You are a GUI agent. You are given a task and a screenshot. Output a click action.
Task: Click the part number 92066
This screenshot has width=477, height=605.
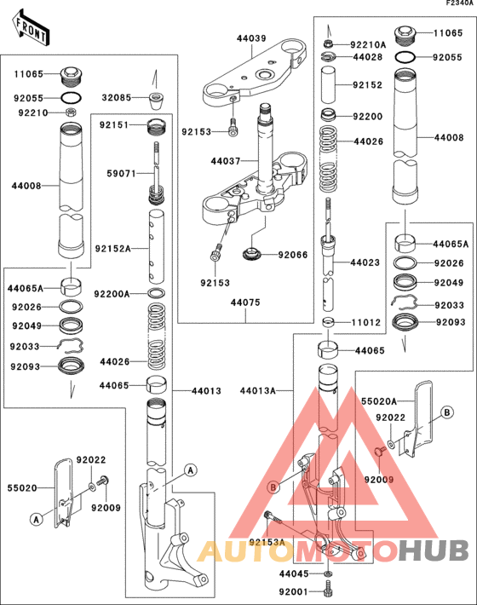coord(296,254)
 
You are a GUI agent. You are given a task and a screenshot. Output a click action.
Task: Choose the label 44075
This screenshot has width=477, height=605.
coord(245,301)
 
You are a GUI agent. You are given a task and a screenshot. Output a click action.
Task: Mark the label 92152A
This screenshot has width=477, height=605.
coord(113,249)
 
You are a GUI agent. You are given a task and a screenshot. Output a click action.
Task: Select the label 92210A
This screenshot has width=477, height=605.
coord(369,44)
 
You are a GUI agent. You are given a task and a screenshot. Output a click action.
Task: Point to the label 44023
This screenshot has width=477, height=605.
coord(365,263)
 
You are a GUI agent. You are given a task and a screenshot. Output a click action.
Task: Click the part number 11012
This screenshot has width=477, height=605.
coord(366,324)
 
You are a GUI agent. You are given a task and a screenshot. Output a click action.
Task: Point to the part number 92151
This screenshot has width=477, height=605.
coord(112,124)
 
